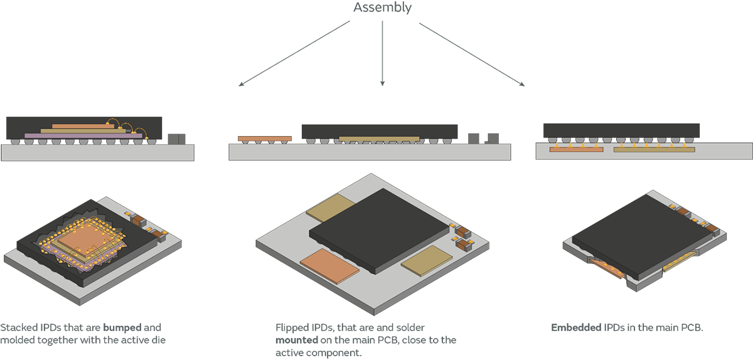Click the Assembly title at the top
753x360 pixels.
click(x=382, y=8)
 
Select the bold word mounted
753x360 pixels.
click(x=297, y=340)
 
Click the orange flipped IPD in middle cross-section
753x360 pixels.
click(x=264, y=138)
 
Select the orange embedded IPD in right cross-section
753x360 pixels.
click(x=575, y=149)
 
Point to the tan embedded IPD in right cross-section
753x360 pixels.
click(x=653, y=149)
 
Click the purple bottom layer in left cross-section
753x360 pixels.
click(x=69, y=135)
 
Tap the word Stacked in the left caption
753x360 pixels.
click(x=18, y=328)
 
